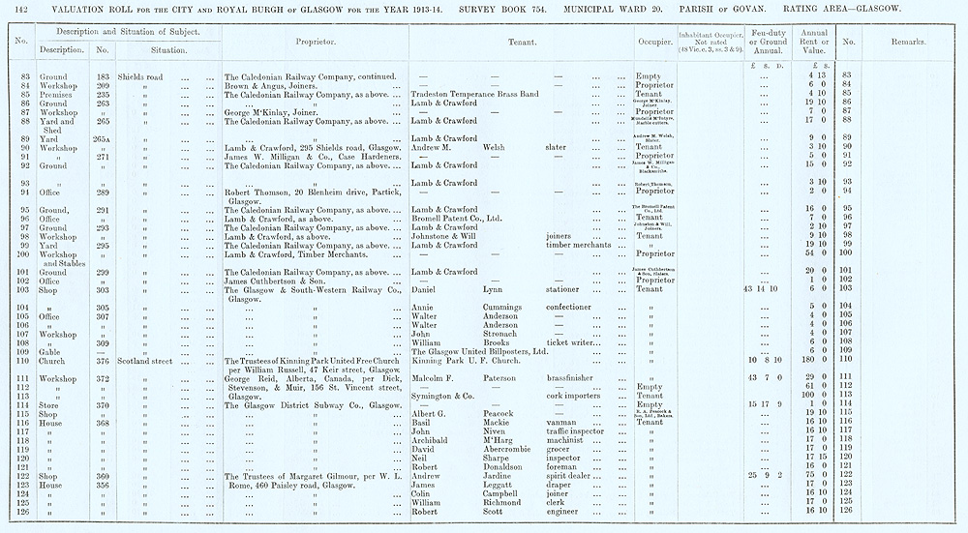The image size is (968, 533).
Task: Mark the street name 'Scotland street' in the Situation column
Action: [x=145, y=361]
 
